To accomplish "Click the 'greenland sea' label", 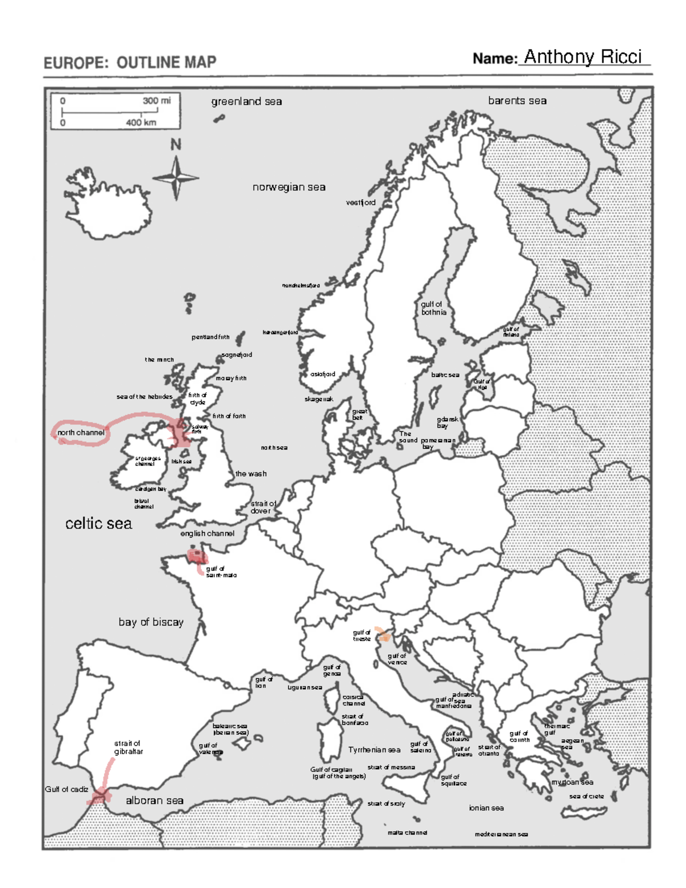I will [246, 102].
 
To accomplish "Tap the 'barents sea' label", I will [517, 101].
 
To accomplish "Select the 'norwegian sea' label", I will [289, 187].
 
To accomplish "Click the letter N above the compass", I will [176, 145].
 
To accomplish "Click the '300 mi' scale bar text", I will [156, 101].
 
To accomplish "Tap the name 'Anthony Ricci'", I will [583, 57].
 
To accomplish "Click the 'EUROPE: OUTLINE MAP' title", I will [130, 62].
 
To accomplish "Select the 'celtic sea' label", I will [98, 523].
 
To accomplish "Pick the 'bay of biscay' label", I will [151, 622].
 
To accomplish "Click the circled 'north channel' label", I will [81, 433].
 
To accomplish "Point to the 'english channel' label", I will [207, 533].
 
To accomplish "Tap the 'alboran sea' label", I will [154, 801].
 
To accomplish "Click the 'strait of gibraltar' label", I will [128, 747].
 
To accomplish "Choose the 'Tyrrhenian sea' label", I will [374, 750].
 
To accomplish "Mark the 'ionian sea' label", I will [486, 808].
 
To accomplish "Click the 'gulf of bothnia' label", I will [433, 308].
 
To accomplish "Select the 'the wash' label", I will [250, 473].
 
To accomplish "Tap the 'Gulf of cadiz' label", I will [66, 789].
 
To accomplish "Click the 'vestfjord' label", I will [360, 202].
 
